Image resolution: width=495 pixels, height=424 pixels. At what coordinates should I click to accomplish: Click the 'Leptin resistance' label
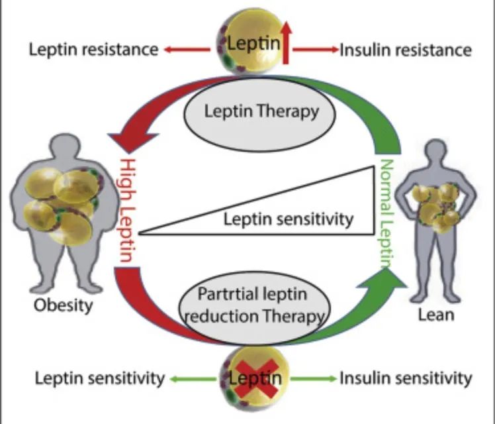coord(93,50)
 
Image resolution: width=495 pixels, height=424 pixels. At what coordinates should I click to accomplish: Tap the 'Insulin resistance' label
coord(406,50)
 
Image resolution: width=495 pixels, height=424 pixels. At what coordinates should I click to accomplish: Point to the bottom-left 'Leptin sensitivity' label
coord(99,378)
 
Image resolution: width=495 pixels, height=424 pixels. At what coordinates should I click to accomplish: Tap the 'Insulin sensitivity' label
coord(406,378)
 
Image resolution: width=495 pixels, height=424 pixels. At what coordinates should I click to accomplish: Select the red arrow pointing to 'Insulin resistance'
coord(316,49)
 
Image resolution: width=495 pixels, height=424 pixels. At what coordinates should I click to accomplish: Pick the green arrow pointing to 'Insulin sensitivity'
coord(313,378)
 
